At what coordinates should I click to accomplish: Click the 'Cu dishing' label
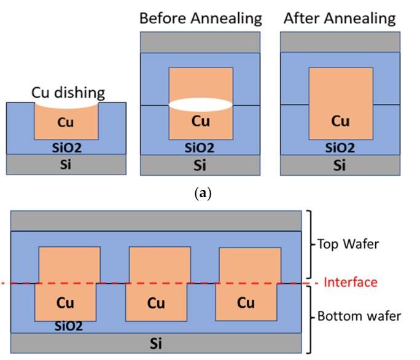click(x=68, y=93)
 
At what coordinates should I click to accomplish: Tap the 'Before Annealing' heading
click(x=200, y=18)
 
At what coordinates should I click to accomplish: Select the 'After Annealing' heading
click(x=340, y=18)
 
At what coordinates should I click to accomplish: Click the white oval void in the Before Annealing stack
click(x=201, y=105)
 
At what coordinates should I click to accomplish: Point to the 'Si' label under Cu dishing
click(x=66, y=165)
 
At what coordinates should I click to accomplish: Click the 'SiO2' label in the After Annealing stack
click(x=340, y=148)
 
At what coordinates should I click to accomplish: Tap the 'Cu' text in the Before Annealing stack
click(x=201, y=122)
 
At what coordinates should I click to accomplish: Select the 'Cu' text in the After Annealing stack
click(x=340, y=122)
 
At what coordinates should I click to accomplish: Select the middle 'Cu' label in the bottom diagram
click(x=157, y=303)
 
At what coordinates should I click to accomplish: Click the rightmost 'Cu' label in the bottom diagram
click(x=246, y=303)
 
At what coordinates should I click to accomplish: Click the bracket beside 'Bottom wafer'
click(x=311, y=317)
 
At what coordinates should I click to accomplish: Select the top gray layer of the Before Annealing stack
click(x=201, y=42)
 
